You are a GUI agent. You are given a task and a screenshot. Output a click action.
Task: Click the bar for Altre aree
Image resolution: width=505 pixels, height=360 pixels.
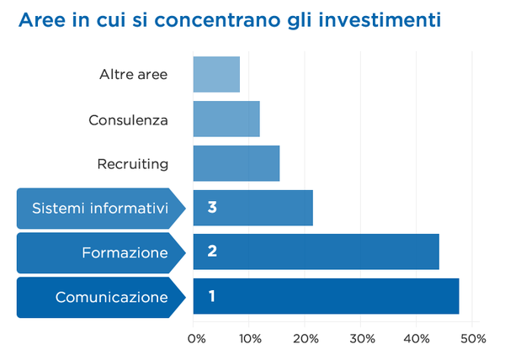(x=216, y=74)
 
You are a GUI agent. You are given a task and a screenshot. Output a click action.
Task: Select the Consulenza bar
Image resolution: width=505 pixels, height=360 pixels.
(x=226, y=119)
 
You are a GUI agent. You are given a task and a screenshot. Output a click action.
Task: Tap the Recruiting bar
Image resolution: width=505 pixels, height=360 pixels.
(x=236, y=163)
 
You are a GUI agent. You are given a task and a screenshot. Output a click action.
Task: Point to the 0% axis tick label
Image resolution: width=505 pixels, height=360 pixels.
(x=196, y=338)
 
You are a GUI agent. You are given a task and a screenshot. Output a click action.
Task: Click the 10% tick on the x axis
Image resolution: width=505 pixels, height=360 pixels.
(x=249, y=338)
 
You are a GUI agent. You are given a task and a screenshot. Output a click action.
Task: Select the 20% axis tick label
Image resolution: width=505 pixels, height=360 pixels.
(x=305, y=338)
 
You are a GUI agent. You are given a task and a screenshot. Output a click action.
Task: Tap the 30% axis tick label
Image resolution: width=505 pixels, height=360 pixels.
(x=360, y=338)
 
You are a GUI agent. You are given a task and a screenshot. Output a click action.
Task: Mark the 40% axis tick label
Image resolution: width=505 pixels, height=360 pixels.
(x=416, y=338)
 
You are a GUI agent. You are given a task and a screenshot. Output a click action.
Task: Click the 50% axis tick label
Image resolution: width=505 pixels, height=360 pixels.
(x=472, y=338)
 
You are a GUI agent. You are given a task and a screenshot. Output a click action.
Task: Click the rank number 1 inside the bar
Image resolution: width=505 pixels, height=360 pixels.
(x=211, y=296)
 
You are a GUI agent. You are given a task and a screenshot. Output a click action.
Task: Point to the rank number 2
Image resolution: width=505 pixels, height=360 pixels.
(x=212, y=251)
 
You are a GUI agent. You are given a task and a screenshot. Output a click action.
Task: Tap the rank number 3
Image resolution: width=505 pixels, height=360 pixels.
(x=212, y=207)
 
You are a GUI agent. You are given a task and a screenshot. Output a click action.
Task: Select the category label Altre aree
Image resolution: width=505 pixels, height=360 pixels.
(x=133, y=74)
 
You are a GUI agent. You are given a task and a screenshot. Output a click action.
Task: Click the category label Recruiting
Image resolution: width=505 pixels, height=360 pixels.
(x=133, y=163)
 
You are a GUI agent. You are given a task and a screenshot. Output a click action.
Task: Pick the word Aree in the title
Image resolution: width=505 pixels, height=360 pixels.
(x=41, y=19)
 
